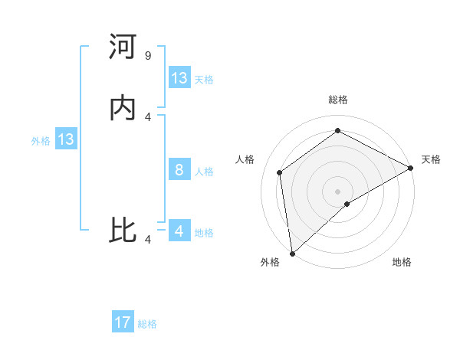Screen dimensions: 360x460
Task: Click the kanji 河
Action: click(x=123, y=47)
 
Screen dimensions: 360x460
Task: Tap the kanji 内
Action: click(x=123, y=109)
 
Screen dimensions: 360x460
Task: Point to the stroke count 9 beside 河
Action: click(x=148, y=56)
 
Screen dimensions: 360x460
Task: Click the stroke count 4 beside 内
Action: click(x=148, y=117)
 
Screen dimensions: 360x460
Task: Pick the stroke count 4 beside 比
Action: click(x=148, y=239)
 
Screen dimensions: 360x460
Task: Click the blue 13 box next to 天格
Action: click(x=179, y=78)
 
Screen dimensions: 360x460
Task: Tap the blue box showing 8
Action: click(x=179, y=170)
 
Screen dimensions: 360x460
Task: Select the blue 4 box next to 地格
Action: click(x=179, y=231)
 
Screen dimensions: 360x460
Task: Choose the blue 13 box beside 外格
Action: click(x=66, y=139)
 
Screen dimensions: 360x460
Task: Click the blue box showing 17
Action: click(x=123, y=322)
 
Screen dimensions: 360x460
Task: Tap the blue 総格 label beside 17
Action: click(x=147, y=324)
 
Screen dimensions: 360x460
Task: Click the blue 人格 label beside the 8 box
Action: click(x=204, y=172)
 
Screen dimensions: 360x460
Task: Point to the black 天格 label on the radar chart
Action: click(x=431, y=159)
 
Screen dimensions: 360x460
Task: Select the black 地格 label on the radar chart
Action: click(x=402, y=263)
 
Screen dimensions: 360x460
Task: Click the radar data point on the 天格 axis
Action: click(x=410, y=168)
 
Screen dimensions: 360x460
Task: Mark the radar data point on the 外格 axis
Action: click(x=292, y=253)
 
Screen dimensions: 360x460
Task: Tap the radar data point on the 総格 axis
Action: click(x=337, y=131)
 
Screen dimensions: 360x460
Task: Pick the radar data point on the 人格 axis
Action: click(x=280, y=172)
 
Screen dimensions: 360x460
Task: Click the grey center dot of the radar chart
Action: click(x=337, y=191)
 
